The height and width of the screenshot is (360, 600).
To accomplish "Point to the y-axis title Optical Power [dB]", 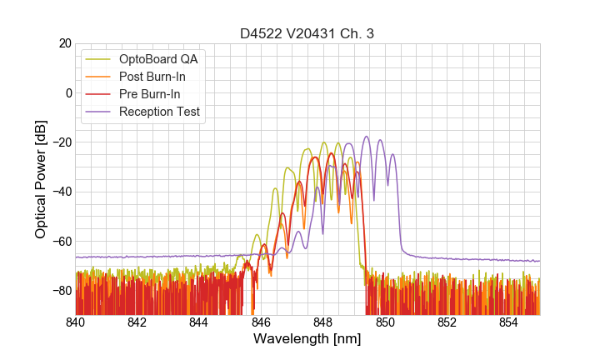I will pos(41,178).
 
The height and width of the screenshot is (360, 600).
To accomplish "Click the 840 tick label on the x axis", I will pos(76,322).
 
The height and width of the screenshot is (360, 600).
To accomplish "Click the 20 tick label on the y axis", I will pos(63,43).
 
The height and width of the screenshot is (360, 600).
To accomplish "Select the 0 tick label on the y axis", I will pos(67,92).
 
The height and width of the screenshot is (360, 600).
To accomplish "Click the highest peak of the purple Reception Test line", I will pos(365,137).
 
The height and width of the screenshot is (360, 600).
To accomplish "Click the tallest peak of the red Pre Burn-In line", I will pos(331,154).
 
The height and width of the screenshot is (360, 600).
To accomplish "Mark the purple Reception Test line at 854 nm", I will pos(509,260).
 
